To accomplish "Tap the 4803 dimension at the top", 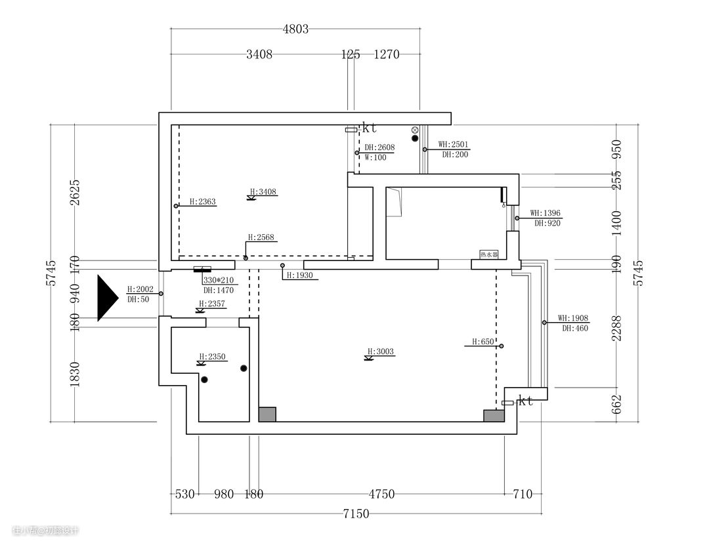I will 295,29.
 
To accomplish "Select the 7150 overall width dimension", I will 355,514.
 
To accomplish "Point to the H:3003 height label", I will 381,352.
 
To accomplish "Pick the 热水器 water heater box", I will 489,254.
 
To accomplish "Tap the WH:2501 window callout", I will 454,144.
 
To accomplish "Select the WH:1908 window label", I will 573,318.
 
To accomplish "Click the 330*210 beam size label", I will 219,280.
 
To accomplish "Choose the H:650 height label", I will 483,342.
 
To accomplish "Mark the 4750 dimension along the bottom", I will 381,495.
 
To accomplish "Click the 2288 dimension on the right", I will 616,327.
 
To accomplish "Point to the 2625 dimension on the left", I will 75,192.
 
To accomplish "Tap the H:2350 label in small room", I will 212,357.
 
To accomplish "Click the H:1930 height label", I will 299,275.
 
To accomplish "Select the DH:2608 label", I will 379,148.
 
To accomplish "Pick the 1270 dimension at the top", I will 387,55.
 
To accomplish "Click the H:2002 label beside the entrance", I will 140,289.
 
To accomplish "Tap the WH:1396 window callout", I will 546,213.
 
